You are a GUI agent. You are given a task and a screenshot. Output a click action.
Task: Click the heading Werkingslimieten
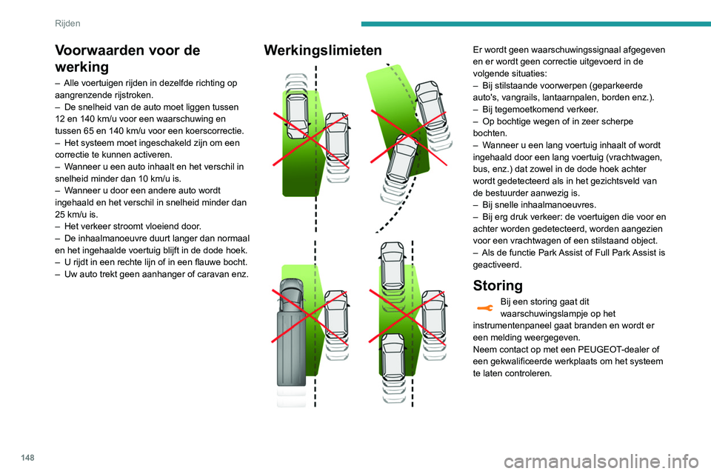point(323,50)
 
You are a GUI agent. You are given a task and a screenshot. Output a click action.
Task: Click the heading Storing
point(498,285)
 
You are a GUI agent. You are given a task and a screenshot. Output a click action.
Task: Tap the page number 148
point(27,457)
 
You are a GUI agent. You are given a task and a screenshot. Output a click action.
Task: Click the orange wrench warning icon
point(484,308)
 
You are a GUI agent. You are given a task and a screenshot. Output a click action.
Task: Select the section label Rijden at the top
point(67,24)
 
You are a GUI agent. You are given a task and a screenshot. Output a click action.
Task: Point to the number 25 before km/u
point(60,215)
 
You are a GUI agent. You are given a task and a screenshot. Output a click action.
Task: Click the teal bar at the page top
point(535,24)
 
